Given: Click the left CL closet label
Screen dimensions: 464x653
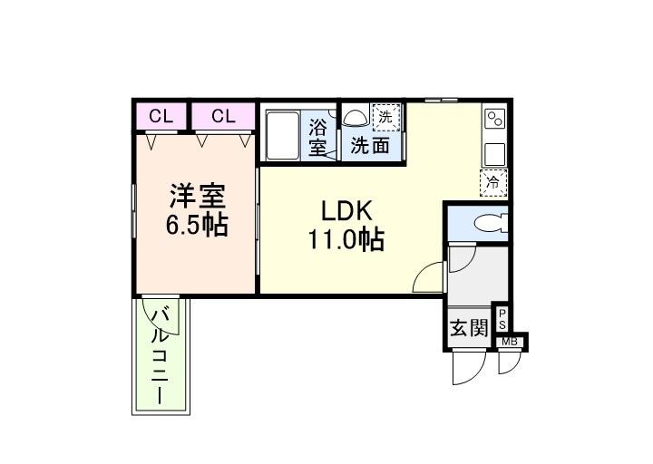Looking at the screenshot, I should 161,116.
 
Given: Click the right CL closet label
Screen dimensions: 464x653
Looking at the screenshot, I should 223,116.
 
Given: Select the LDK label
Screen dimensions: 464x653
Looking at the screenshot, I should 346,211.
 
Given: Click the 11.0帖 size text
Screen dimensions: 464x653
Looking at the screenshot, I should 346,240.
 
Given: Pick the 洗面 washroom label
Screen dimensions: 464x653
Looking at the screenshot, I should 371,144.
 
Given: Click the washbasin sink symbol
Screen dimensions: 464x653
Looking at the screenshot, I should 355,117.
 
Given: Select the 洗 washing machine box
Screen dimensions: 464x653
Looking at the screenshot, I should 386,117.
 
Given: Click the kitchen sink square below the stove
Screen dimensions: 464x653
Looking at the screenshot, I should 495,151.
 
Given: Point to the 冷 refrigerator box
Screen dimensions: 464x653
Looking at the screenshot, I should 494,181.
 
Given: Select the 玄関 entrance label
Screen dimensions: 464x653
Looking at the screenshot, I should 469,328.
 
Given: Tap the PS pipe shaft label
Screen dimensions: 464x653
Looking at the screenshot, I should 502,320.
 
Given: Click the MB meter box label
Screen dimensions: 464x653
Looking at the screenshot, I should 510,342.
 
